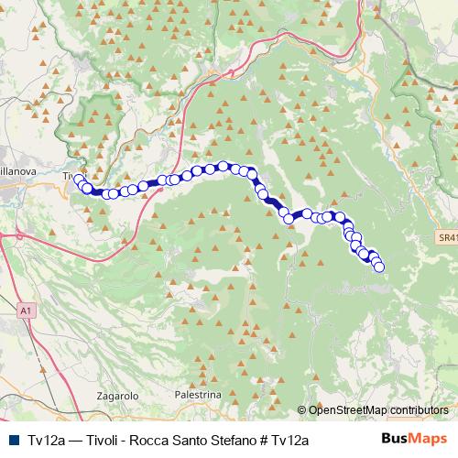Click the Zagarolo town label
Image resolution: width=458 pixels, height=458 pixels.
115,396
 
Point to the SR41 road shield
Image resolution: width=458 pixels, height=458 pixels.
446,237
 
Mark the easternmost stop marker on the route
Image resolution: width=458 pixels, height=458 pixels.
379,267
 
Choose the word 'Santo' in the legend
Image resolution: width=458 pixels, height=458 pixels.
203,440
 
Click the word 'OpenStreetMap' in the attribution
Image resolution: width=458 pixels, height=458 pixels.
348,409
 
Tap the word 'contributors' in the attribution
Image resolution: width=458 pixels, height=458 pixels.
420,409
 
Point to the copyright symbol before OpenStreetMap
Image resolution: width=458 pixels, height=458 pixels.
303,409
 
